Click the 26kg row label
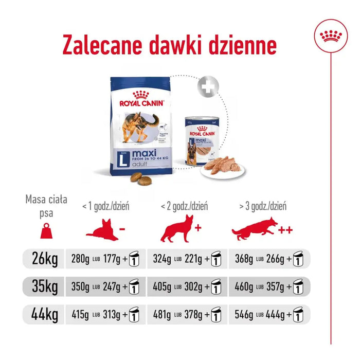click(x=46, y=257)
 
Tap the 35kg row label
click(x=46, y=285)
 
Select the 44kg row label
click(x=46, y=312)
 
